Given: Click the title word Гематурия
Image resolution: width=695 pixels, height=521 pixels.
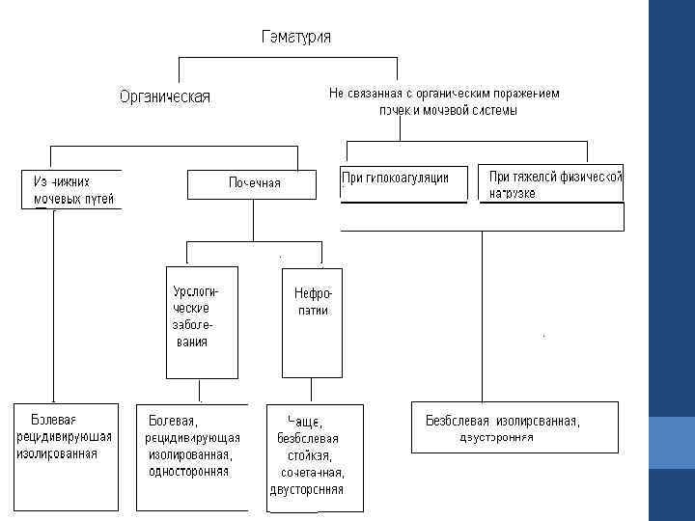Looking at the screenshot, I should point(296,37).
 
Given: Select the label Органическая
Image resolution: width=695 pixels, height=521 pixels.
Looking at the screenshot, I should point(164,96).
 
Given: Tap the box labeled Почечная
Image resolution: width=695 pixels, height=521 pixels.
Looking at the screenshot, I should point(253,183).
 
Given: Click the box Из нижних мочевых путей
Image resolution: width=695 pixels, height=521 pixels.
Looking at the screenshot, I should point(72,189).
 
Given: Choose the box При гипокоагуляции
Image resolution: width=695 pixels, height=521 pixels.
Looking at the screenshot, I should point(402,180).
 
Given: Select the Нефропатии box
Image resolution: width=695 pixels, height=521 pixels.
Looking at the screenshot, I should point(312,321).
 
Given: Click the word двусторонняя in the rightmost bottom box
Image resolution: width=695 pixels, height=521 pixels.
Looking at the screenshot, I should point(496,437).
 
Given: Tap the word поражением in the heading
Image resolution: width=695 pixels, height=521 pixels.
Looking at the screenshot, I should point(527,94).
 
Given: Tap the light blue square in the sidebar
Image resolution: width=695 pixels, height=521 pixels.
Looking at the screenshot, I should point(672,442).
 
